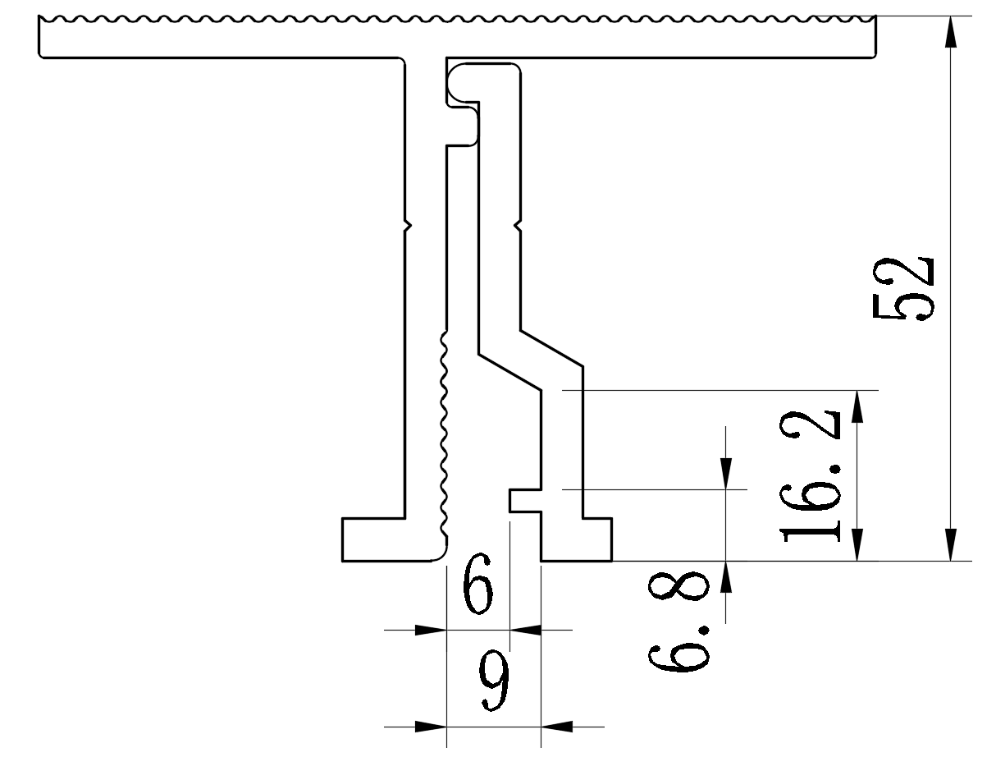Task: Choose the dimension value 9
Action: click(x=493, y=683)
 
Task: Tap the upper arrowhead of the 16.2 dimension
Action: click(x=858, y=406)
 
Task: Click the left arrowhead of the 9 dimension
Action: click(x=430, y=727)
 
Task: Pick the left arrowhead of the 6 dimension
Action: click(x=430, y=631)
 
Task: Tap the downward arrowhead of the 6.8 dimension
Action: click(x=727, y=473)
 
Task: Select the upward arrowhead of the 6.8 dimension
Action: click(x=727, y=577)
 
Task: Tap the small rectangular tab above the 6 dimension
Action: click(x=525, y=500)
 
